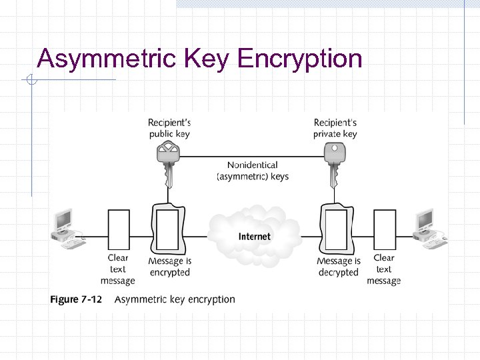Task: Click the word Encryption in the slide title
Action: click(x=299, y=59)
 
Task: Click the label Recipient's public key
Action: click(x=169, y=128)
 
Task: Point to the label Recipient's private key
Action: click(x=335, y=128)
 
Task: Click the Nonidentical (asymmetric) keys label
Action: click(x=253, y=171)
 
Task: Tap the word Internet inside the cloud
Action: click(x=255, y=237)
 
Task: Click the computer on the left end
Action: click(x=67, y=229)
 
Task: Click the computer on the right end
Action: click(x=429, y=229)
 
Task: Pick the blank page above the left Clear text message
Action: click(x=118, y=229)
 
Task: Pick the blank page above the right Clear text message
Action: click(x=384, y=229)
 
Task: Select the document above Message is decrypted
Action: click(x=336, y=229)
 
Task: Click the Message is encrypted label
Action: click(x=170, y=267)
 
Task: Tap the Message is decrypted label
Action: click(x=339, y=267)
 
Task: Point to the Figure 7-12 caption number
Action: click(x=76, y=299)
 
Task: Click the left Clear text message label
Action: click(x=118, y=269)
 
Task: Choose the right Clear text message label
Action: click(x=384, y=269)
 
